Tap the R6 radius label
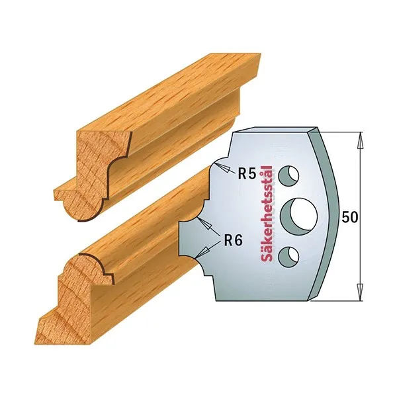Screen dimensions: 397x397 click(x=233, y=240)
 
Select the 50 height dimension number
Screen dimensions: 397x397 click(x=349, y=217)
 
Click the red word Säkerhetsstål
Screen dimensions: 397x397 click(x=266, y=214)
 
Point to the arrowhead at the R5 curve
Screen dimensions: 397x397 click(x=222, y=168)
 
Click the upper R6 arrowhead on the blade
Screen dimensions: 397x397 click(x=205, y=224)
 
